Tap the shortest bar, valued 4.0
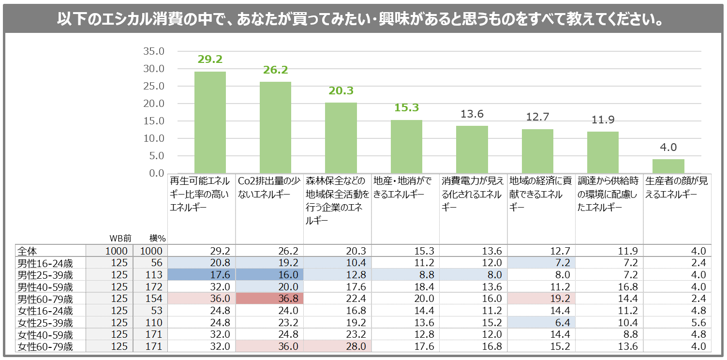click(x=668, y=166)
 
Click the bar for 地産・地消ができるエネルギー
click(x=406, y=146)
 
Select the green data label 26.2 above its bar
click(x=275, y=70)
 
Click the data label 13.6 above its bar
click(x=472, y=114)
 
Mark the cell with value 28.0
click(x=338, y=346)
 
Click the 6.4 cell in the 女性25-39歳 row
click(x=541, y=323)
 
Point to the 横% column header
click(x=157, y=238)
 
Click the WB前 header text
click(x=119, y=238)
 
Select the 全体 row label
click(x=28, y=251)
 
